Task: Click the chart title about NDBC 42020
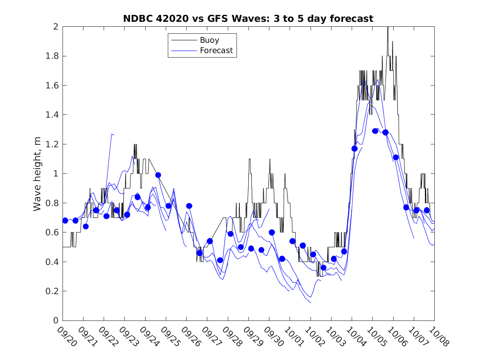[x=248, y=19]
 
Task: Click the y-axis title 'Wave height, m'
[x=37, y=174]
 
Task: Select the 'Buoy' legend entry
[x=209, y=40]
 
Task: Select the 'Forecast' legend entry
[x=216, y=51]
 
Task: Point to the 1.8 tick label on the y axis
[x=53, y=56]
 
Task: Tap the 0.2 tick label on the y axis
[x=53, y=291]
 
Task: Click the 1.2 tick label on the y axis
[x=53, y=144]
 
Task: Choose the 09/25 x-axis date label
[x=171, y=337]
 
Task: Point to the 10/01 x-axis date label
[x=294, y=337]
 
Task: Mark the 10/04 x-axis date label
[x=356, y=337]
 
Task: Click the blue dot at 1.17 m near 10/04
[x=355, y=149]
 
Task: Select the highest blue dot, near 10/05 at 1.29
[x=375, y=131]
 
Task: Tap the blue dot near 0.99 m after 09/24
[x=158, y=175]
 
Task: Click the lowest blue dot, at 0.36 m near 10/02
[x=323, y=267]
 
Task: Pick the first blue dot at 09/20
[x=65, y=221]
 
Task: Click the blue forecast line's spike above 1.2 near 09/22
[x=111, y=134]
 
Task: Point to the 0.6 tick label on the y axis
[x=53, y=232]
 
